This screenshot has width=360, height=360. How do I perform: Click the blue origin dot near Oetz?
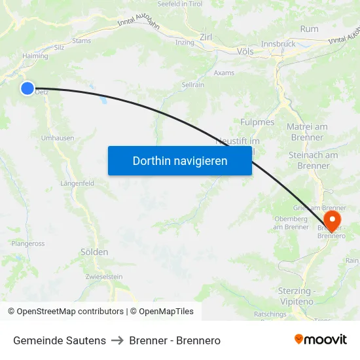27,88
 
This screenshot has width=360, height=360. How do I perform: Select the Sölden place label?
94,252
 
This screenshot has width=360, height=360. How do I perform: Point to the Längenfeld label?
79,183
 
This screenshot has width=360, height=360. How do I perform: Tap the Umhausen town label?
58,138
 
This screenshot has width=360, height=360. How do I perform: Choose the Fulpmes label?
257,122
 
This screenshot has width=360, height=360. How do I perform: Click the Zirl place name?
207,37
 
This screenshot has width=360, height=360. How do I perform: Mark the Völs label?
245,50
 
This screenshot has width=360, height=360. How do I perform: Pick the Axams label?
224,73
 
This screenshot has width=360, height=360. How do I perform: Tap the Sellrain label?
192,85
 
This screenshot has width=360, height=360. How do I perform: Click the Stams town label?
82,41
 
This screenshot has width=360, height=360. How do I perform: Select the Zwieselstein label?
103,277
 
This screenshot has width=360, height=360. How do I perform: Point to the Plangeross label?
28,243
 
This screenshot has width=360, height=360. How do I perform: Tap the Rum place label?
309,29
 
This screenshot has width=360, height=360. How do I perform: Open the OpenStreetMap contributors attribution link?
70,312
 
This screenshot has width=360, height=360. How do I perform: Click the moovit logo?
321,339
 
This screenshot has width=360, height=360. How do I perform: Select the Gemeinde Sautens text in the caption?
60,340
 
